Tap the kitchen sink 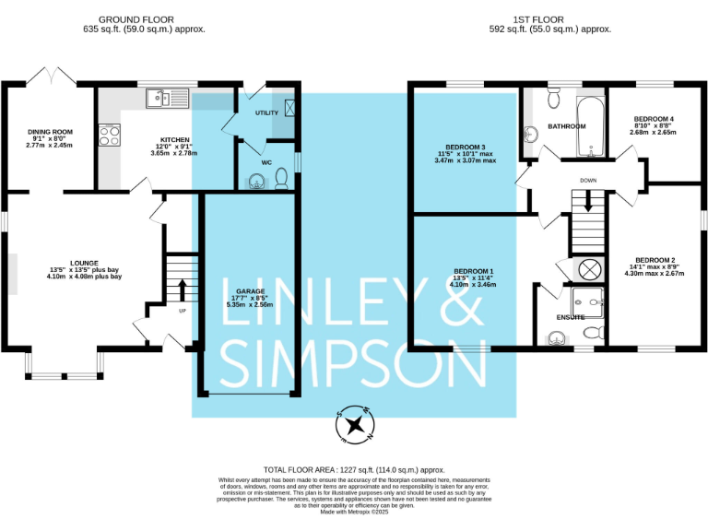[x=167, y=95]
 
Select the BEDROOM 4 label [x=653, y=119]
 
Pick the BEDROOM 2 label [x=655, y=261]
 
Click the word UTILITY [x=266, y=112]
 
